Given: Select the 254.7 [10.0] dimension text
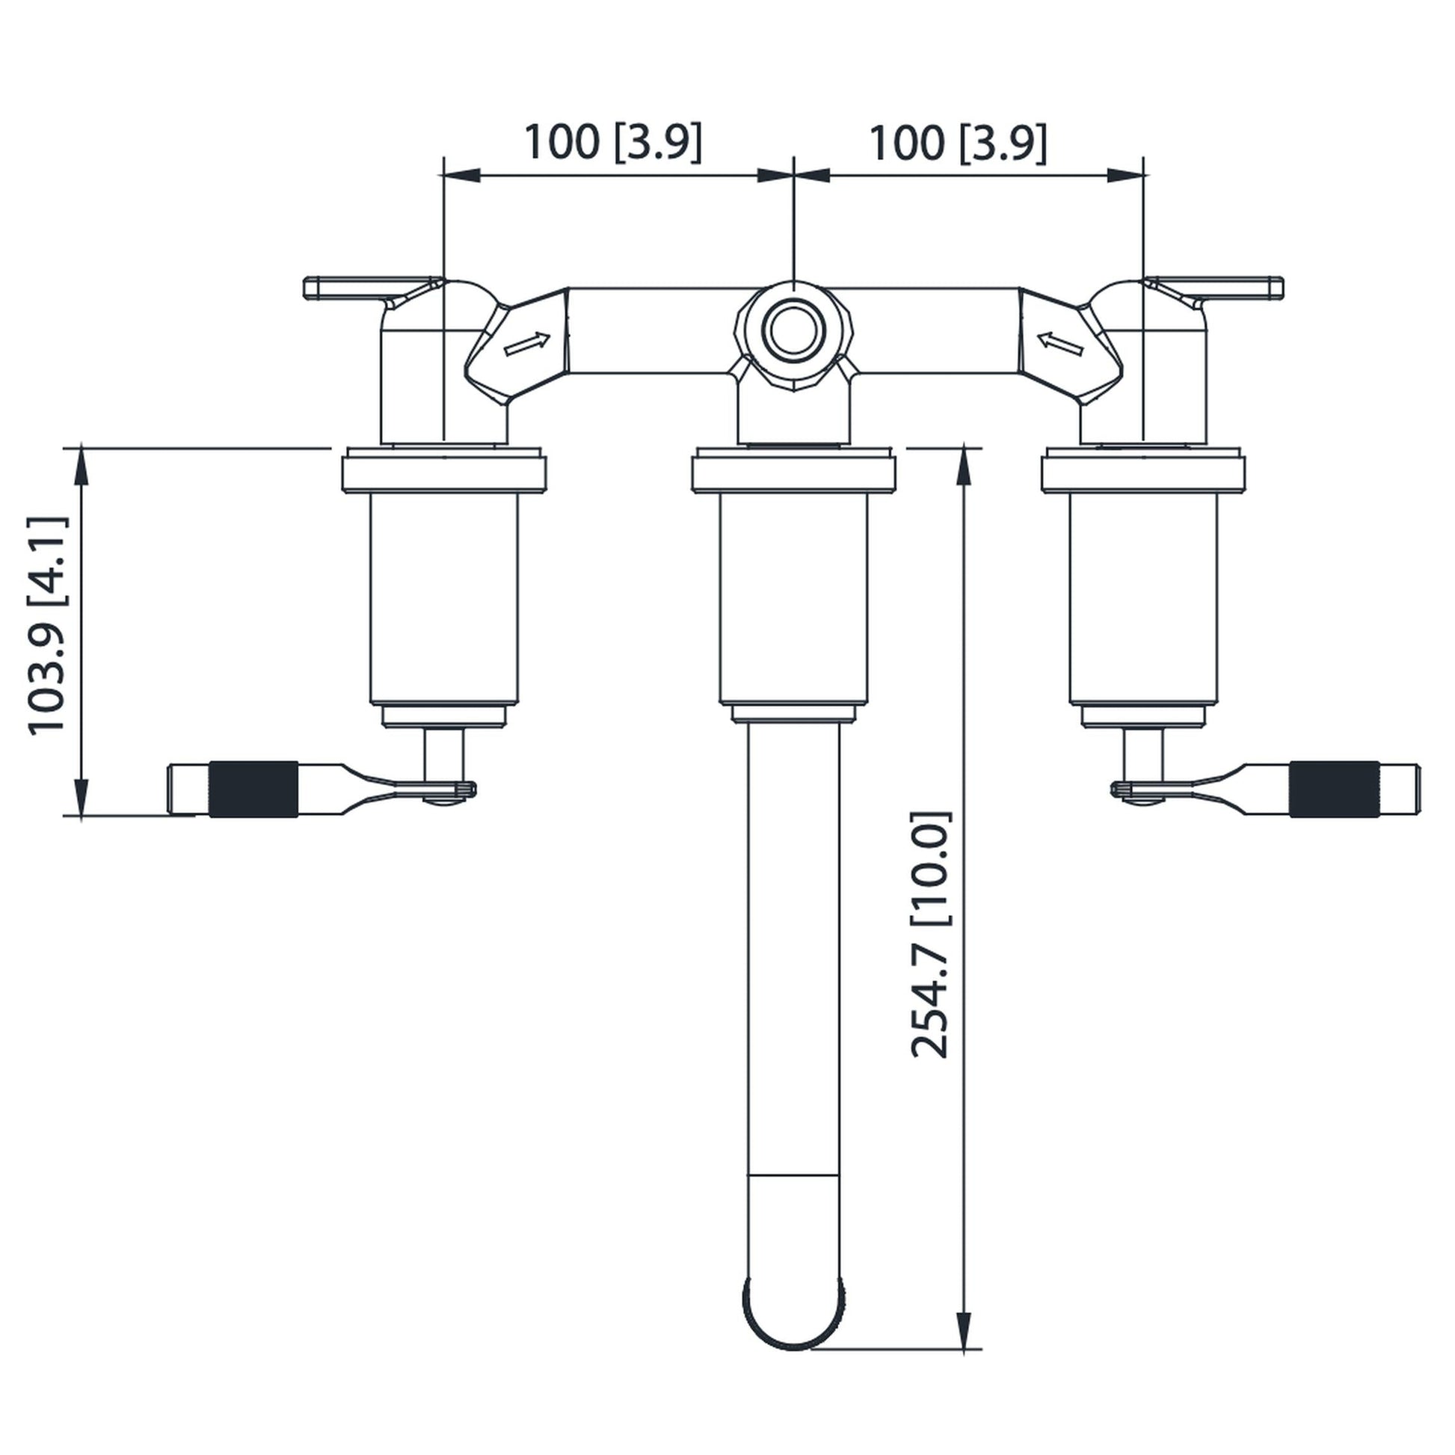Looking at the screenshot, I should click(x=931, y=935).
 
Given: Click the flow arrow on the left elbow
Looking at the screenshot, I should click(x=526, y=344).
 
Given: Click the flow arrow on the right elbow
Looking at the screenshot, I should click(x=1060, y=344).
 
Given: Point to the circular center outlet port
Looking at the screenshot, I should click(x=793, y=331).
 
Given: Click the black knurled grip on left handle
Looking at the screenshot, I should click(x=253, y=790).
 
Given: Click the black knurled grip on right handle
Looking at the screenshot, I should click(x=1335, y=790).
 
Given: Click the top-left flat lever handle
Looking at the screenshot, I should click(x=354, y=288).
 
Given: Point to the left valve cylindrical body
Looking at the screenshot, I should click(x=443, y=599).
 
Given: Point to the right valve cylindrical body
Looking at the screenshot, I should click(x=1142, y=599).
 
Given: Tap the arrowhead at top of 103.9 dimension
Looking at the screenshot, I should click(x=81, y=467).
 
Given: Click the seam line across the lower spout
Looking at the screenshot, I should click(x=793, y=1175).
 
